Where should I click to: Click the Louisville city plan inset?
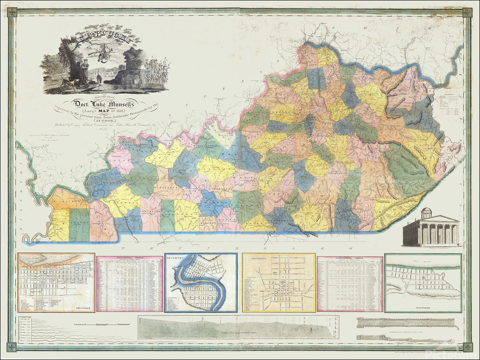coord(56,282)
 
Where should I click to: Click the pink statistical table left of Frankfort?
coord(130,283)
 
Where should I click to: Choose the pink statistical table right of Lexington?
coord(350,283)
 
